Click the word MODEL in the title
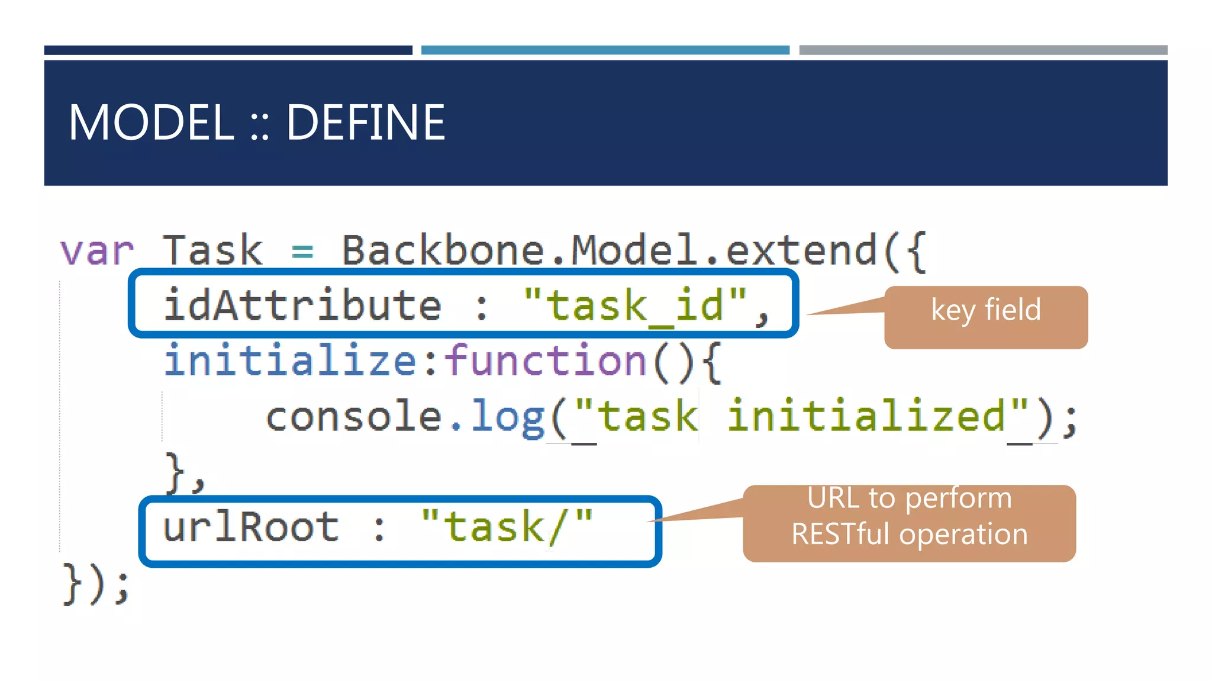tap(151, 123)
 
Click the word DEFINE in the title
tap(365, 123)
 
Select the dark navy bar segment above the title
tap(228, 50)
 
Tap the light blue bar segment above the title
tap(605, 50)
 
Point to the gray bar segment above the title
tap(983, 50)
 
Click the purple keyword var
tap(97, 251)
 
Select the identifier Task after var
tap(212, 251)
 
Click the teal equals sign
tap(302, 252)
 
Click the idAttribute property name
tap(302, 305)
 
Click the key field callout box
tap(986, 317)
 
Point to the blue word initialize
tap(291, 361)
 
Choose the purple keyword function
tap(545, 361)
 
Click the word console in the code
tap(353, 416)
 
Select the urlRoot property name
tap(250, 527)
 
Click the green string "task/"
tap(507, 527)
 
